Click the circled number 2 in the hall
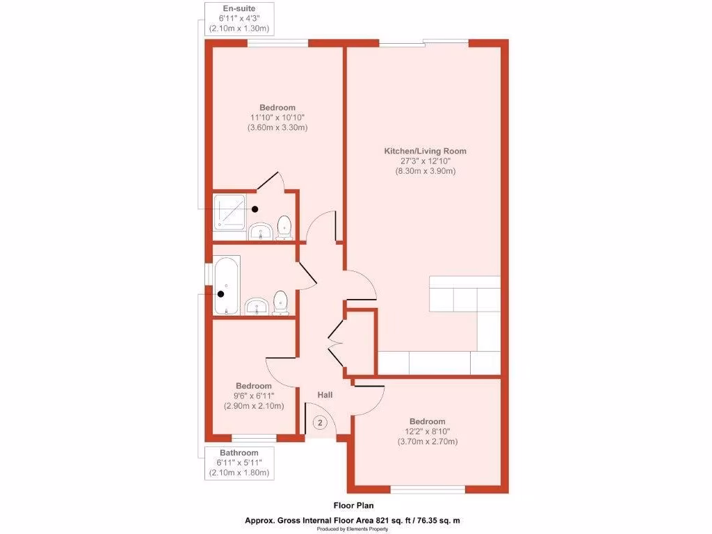click(x=320, y=422)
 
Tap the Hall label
click(x=325, y=395)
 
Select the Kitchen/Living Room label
click(x=426, y=151)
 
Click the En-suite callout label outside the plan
click(x=238, y=9)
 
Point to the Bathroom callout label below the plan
click(x=238, y=453)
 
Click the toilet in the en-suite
click(x=284, y=227)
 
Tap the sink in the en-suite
click(x=260, y=232)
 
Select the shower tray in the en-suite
click(x=229, y=213)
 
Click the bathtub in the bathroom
click(x=225, y=286)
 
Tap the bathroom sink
click(x=257, y=306)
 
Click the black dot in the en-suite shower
click(x=255, y=209)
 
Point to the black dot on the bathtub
click(x=221, y=293)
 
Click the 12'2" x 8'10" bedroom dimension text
click(x=427, y=432)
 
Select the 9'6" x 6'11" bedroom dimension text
click(x=253, y=396)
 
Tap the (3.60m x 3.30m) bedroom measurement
click(x=277, y=127)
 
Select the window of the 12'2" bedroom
click(x=427, y=490)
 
